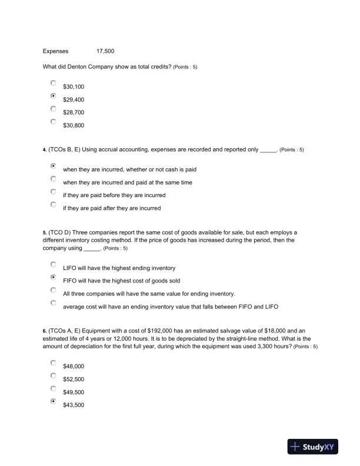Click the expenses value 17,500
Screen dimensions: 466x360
pos(105,51)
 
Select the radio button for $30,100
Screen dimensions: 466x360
pos(54,84)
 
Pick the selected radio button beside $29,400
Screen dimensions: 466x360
pos(54,96)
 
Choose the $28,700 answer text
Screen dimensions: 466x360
pos(74,112)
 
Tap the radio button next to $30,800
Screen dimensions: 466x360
pos(54,122)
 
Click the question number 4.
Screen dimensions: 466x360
pos(45,150)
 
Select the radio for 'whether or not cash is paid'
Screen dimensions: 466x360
pos(54,167)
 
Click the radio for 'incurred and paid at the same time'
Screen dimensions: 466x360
pos(54,179)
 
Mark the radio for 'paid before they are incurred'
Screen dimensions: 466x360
pos(54,192)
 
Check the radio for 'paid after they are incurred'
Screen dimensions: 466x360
pos(54,205)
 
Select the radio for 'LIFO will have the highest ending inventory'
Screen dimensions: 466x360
pos(54,265)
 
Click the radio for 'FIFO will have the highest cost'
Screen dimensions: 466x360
pos(54,278)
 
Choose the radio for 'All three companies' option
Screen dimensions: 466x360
pos(54,291)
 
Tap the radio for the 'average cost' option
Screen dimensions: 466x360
pos(54,304)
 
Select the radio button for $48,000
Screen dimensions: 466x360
pos(54,363)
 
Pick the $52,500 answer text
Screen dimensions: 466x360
pos(74,379)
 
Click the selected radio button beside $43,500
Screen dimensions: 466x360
pos(54,402)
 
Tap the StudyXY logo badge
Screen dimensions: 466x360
pos(316,447)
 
